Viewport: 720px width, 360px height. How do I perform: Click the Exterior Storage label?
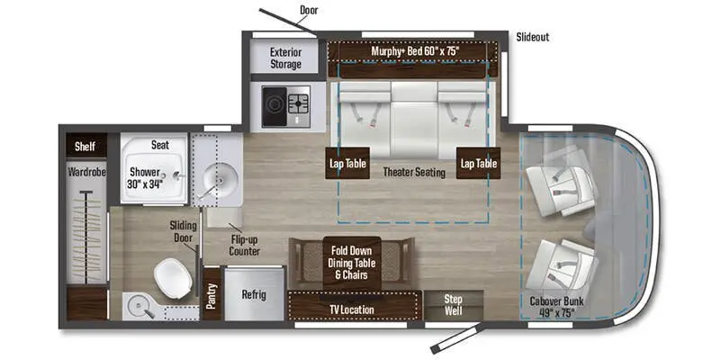[285, 58]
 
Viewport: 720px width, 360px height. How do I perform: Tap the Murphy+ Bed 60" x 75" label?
[415, 51]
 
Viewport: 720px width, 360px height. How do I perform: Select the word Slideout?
[533, 37]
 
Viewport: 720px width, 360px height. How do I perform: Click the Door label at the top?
[310, 9]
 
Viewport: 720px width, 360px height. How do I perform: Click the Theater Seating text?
[413, 172]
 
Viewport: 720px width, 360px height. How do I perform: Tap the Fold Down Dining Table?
[352, 262]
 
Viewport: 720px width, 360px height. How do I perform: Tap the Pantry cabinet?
[211, 294]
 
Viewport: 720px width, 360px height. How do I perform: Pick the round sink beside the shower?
[217, 181]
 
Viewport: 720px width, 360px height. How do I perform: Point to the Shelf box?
[85, 146]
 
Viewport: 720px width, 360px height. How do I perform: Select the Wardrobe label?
[86, 171]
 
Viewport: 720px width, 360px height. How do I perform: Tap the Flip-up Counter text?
[244, 245]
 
